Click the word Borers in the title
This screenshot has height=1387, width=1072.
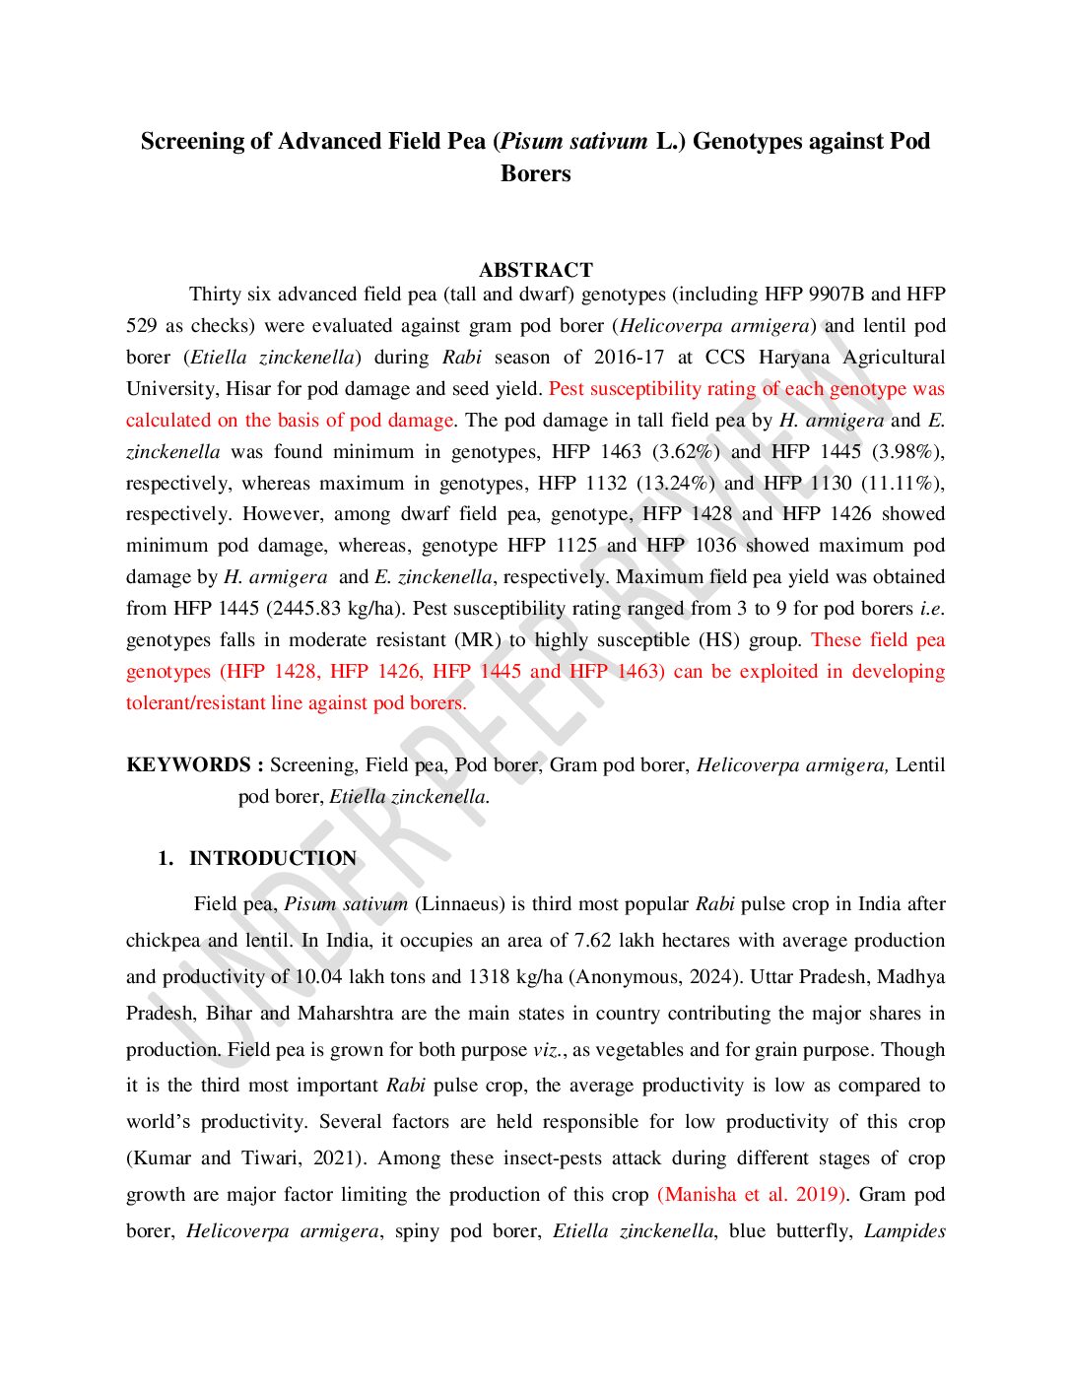click(535, 174)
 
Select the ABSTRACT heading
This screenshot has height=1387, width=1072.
click(535, 270)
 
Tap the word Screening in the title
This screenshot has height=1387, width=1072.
click(192, 142)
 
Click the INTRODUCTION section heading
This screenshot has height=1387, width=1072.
click(273, 859)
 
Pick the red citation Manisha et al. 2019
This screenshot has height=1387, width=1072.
click(752, 1195)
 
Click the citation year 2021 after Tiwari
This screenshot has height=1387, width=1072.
click(337, 1158)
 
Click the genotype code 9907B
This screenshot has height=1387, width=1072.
click(837, 295)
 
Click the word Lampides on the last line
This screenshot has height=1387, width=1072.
click(904, 1231)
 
